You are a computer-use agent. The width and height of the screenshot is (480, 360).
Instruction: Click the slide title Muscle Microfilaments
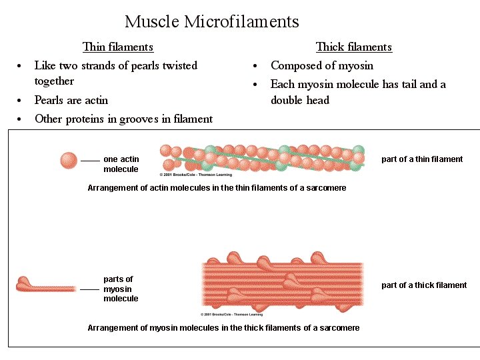(x=211, y=22)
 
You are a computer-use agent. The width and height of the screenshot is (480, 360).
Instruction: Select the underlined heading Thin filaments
(x=118, y=47)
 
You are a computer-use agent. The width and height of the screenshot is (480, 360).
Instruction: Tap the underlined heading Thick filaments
(x=353, y=47)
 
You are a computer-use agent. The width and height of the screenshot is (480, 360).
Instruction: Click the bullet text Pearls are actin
(x=71, y=100)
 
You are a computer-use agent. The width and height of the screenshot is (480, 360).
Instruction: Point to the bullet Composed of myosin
(x=321, y=65)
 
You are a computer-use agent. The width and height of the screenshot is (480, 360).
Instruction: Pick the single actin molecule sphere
(x=69, y=161)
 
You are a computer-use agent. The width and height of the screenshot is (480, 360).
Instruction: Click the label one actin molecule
(x=121, y=164)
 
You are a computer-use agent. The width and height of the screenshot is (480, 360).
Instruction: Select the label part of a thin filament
(x=421, y=159)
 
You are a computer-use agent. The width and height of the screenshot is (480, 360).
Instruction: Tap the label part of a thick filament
(x=424, y=285)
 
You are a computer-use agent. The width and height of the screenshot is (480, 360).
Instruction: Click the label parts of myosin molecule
(x=121, y=289)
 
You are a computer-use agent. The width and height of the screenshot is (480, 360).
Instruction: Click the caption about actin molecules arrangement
(x=217, y=188)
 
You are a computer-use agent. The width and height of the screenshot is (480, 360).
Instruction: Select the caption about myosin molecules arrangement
(x=223, y=327)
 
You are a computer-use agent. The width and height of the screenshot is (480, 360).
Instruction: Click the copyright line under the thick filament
(x=232, y=314)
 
